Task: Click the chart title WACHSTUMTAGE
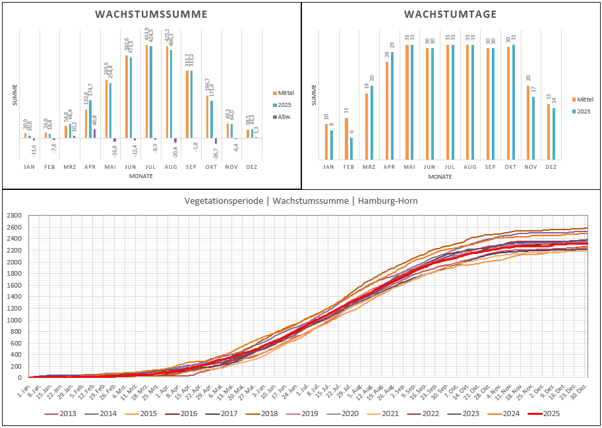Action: click(450, 15)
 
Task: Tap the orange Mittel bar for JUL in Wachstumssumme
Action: click(146, 91)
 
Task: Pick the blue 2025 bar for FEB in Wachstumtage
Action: click(351, 148)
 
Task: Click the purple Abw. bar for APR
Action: click(94, 133)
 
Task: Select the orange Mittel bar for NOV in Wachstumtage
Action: click(528, 123)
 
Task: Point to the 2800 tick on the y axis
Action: click(14, 216)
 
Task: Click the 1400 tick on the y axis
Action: click(14, 297)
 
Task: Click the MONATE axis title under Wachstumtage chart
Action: click(440, 177)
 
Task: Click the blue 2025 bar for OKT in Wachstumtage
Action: click(514, 102)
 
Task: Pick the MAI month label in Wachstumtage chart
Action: click(409, 168)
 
